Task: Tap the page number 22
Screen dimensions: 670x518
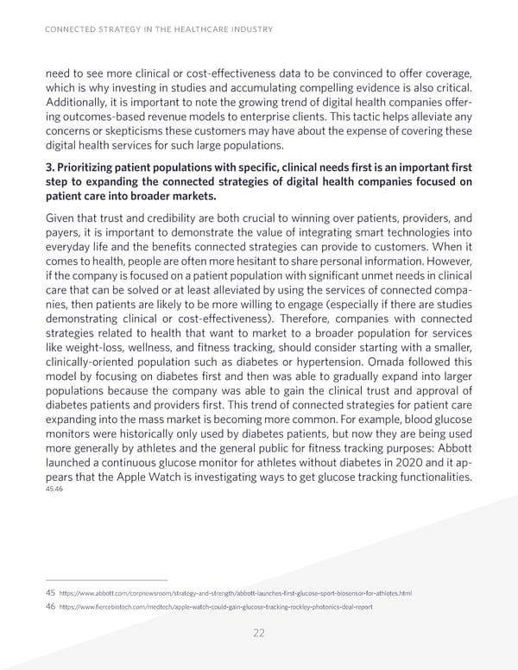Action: (x=259, y=633)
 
